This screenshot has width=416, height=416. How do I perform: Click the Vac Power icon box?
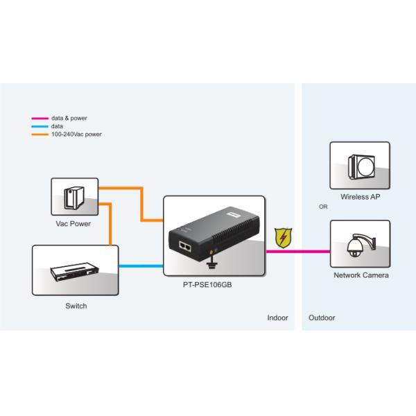click(73, 196)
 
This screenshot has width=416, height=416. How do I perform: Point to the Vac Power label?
click(73, 224)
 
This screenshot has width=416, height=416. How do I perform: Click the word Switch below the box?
click(76, 306)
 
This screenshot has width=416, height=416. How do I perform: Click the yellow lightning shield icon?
click(282, 238)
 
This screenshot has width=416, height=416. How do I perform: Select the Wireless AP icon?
click(359, 165)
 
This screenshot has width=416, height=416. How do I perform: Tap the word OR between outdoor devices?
click(322, 207)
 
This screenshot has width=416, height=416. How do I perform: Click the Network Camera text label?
click(361, 275)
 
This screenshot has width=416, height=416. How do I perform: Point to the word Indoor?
click(277, 318)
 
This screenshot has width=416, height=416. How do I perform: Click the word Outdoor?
click(321, 318)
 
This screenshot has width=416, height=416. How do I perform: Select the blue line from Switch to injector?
click(141, 266)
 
